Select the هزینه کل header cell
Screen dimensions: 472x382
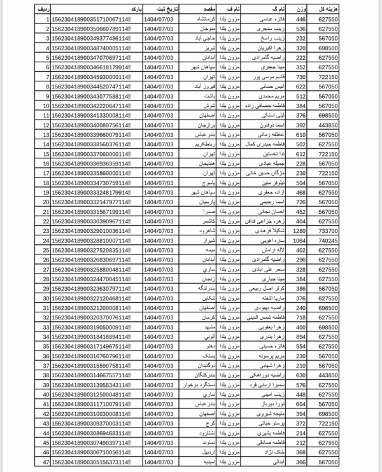(358, 10)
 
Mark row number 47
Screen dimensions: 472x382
(45, 461)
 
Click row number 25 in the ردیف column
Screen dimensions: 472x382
(45, 250)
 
